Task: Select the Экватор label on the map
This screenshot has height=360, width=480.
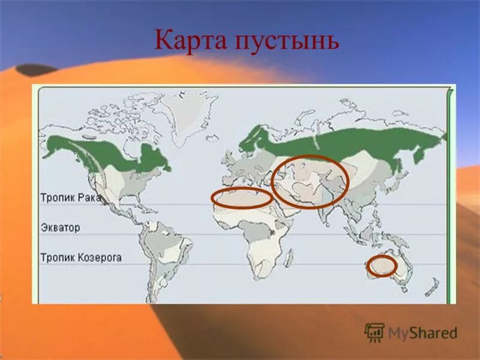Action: coord(60,228)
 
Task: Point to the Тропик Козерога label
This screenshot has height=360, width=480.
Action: coord(81,257)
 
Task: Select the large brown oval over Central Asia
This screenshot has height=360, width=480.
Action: coord(310,181)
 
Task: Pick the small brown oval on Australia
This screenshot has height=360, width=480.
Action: coord(382,266)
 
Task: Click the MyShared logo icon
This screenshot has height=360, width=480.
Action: coord(374,332)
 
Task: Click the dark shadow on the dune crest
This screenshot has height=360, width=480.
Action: coord(36,70)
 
